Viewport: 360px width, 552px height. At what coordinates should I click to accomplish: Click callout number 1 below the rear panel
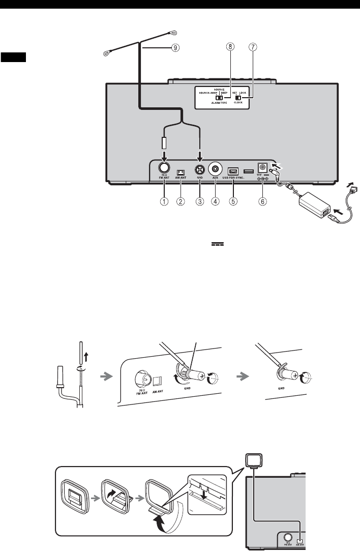click(164, 201)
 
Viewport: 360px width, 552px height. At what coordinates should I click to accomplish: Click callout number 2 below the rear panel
click(181, 201)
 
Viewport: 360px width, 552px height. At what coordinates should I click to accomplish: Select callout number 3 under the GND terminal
click(200, 201)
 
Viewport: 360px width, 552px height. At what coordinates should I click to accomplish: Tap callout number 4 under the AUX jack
click(216, 201)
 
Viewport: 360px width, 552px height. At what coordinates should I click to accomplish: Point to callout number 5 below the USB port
click(233, 201)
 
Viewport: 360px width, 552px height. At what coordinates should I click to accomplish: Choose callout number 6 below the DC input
click(262, 201)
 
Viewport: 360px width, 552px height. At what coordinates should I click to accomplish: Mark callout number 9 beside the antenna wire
click(174, 48)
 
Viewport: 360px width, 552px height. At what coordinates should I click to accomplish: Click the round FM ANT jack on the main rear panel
click(164, 168)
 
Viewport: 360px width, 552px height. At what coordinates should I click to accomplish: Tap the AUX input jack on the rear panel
click(216, 168)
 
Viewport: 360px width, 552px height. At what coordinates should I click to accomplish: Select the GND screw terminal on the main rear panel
click(200, 168)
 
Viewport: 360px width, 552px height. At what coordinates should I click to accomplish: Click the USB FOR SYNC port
click(233, 169)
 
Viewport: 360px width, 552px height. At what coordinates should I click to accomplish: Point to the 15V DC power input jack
click(263, 167)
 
